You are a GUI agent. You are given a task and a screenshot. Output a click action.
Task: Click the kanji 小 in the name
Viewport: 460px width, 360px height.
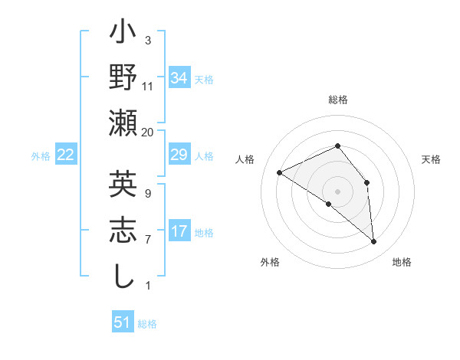(123, 35)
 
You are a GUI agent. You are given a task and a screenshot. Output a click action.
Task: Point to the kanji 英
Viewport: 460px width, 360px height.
(123, 186)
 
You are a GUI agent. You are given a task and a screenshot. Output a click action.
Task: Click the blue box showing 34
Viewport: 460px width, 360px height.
(179, 78)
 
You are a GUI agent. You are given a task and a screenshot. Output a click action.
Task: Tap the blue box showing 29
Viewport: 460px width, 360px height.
(179, 155)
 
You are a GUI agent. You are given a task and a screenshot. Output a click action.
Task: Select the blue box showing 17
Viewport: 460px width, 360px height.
(179, 231)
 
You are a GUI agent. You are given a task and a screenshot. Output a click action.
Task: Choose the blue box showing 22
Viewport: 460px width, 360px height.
(66, 155)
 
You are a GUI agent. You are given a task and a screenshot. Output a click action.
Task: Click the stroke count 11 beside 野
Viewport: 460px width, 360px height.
(147, 86)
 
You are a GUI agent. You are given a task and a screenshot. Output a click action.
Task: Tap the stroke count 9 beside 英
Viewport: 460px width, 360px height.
(147, 195)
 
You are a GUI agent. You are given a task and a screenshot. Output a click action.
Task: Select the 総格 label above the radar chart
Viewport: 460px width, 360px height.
(337, 100)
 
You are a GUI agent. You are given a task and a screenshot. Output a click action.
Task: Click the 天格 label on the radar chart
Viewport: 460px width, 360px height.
(432, 159)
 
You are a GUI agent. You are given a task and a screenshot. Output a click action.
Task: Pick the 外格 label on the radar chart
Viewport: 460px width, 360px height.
(270, 263)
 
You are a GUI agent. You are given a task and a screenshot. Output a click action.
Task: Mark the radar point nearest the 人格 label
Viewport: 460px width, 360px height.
(280, 173)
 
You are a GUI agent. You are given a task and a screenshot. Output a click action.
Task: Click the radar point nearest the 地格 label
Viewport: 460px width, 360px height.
(374, 242)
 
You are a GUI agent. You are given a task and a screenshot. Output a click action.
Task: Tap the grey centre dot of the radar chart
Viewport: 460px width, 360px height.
(337, 191)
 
